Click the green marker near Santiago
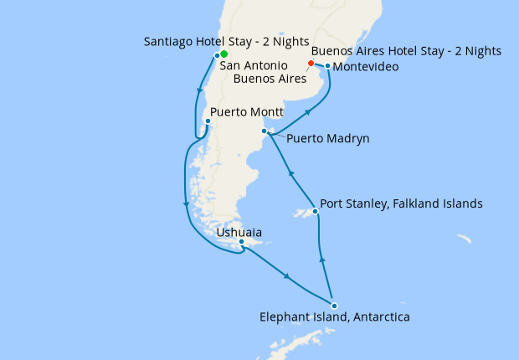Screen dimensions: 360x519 [224, 54]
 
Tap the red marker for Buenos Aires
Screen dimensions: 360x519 [311, 64]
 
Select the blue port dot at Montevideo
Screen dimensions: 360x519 [327, 65]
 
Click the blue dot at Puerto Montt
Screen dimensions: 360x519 [208, 121]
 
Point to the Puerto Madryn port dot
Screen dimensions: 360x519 [265, 131]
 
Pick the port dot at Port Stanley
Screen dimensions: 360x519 [315, 212]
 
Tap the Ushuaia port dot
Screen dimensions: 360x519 [241, 243]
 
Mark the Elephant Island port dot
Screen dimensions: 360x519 [333, 306]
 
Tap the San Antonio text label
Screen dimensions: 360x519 [254, 65]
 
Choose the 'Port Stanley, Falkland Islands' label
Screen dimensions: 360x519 [402, 203]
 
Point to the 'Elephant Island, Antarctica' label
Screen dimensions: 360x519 [335, 317]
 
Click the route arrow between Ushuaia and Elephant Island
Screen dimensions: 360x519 [288, 277]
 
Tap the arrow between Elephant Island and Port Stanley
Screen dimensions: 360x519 [322, 260]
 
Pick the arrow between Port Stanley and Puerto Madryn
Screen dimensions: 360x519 [290, 173]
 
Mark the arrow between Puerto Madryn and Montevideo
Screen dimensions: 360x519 [309, 111]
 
